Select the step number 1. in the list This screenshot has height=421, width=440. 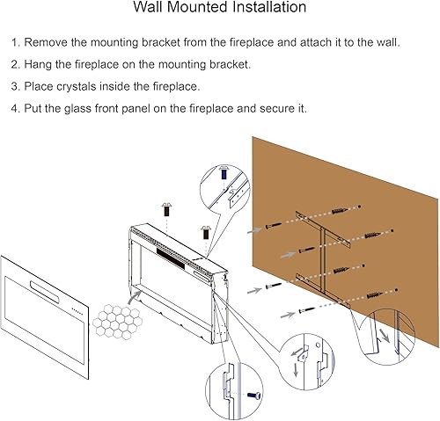pos(14,42)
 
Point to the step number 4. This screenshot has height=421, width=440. pos(14,109)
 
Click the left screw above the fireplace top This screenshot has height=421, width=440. pos(165,211)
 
